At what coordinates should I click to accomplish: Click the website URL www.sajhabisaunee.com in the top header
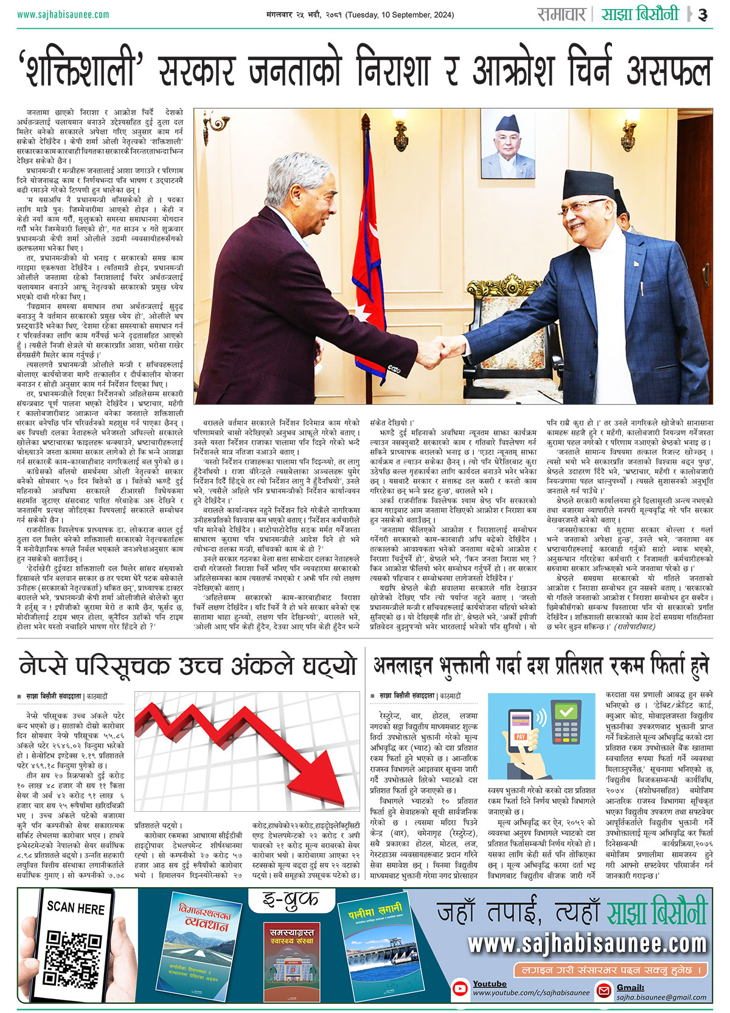(63, 15)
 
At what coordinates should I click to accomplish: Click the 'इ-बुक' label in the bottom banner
(291, 899)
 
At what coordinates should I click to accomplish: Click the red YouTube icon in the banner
(461, 989)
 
